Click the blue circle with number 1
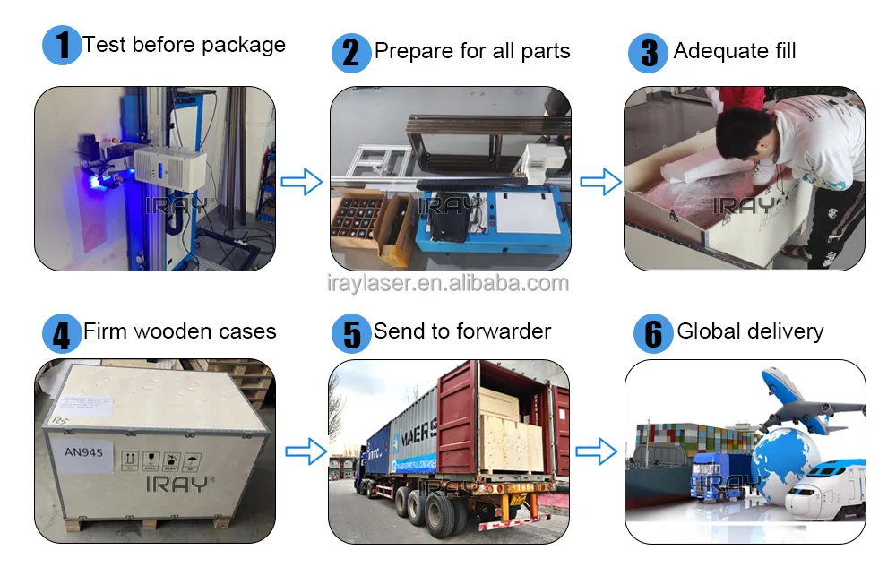(62, 46)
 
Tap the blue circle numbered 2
(351, 53)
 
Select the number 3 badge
(648, 53)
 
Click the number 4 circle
(62, 334)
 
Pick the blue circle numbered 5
(351, 334)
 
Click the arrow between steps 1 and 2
(302, 183)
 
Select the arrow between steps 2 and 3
(599, 183)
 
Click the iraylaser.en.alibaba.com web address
(447, 284)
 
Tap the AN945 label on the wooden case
(84, 452)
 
